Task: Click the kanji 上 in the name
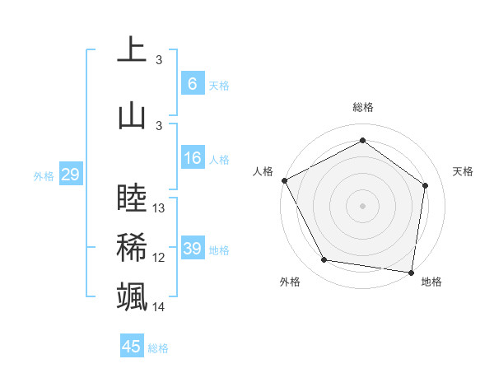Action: (x=132, y=49)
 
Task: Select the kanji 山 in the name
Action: (x=132, y=114)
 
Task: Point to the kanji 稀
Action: (x=132, y=247)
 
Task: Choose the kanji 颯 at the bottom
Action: (x=132, y=296)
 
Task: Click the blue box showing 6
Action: (x=192, y=84)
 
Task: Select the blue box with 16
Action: (x=192, y=158)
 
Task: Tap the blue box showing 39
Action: (x=192, y=249)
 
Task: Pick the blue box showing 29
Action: (x=70, y=175)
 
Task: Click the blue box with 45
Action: (x=132, y=347)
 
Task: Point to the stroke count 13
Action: (x=159, y=208)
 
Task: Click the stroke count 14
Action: (x=159, y=307)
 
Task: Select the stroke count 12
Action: (x=159, y=258)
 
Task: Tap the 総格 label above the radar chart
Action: (x=362, y=107)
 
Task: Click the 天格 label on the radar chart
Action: (x=463, y=171)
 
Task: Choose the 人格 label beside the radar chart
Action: (x=263, y=171)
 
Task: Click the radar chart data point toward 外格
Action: (x=324, y=260)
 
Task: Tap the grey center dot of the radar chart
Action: (x=362, y=205)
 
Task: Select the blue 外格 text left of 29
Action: (x=44, y=175)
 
